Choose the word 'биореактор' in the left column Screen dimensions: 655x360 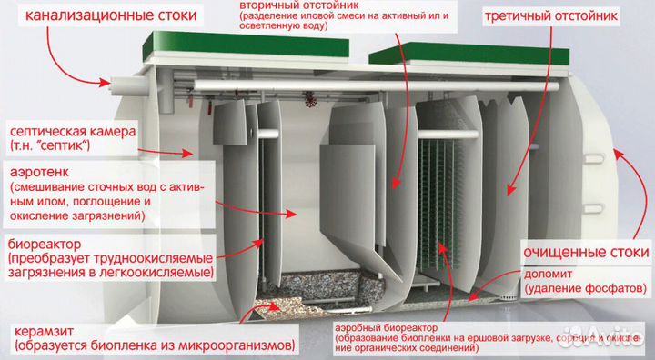46,243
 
